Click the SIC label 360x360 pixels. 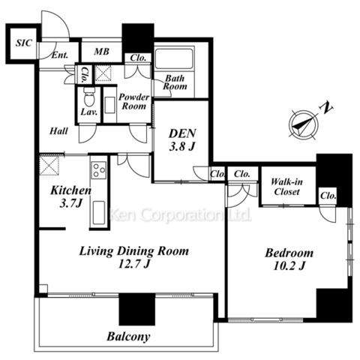[x=24, y=43]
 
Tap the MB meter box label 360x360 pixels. [x=101, y=52]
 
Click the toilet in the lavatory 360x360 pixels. [x=88, y=97]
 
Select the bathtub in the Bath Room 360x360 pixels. [x=174, y=58]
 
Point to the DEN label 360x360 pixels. [x=182, y=133]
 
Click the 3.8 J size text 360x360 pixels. [x=181, y=146]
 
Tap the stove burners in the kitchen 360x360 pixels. [x=99, y=170]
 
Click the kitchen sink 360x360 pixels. [x=99, y=213]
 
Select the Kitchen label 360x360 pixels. [x=70, y=190]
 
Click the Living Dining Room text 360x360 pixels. [x=134, y=252]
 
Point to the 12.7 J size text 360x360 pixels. [x=133, y=264]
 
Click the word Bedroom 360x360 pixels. [x=289, y=253]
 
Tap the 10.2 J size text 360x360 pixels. [x=289, y=265]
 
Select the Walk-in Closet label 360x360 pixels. [x=286, y=187]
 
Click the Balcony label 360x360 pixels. [x=128, y=337]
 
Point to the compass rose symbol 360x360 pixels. [x=303, y=124]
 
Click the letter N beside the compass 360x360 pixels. [x=326, y=108]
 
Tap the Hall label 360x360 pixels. [x=58, y=131]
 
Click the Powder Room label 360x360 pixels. [x=133, y=101]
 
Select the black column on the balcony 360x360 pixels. [x=137, y=309]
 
